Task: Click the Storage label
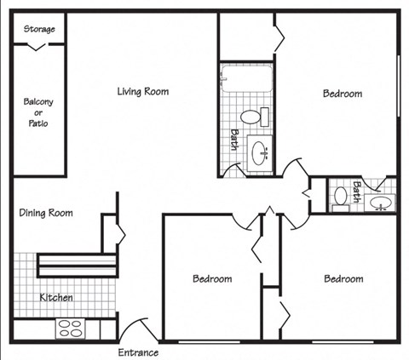(39, 29)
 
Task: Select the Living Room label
(142, 91)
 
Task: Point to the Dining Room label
(45, 214)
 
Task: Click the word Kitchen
(56, 298)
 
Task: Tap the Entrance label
(137, 351)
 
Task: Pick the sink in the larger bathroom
(258, 154)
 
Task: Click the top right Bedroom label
(342, 94)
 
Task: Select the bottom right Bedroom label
(343, 278)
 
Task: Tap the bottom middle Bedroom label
(211, 278)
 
